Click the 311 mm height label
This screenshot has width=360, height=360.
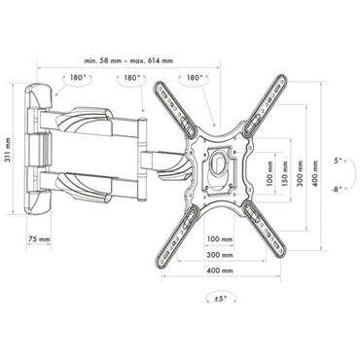coord(8,153)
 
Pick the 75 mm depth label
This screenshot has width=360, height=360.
coord(40,237)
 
